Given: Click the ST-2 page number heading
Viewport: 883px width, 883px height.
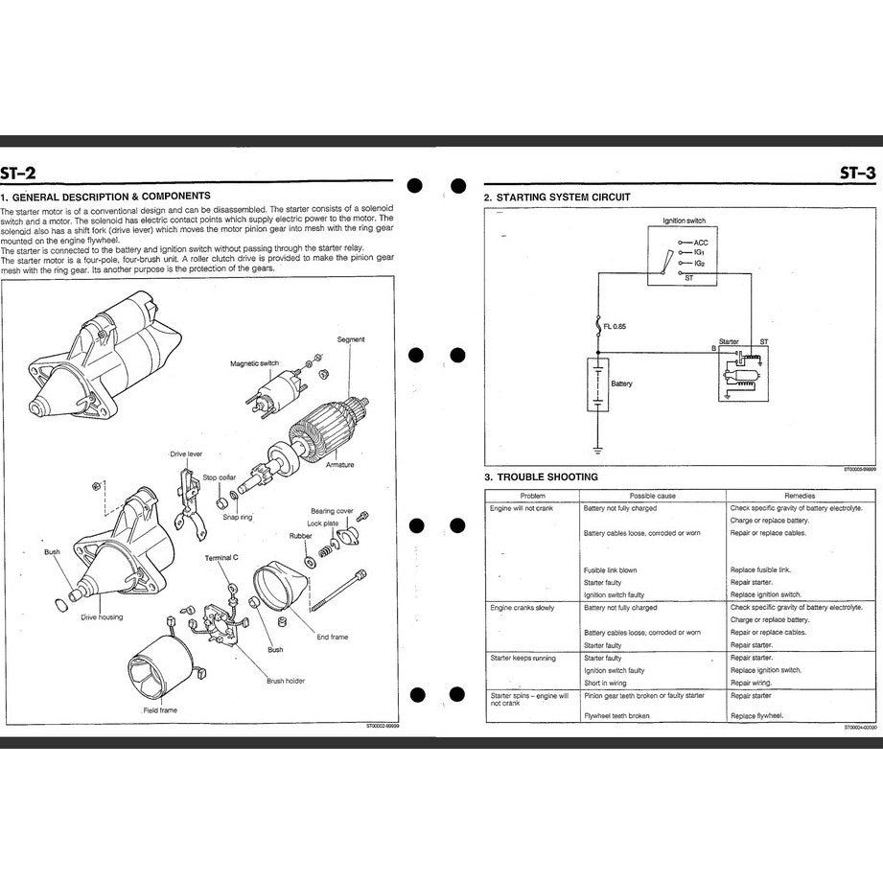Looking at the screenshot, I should [x=20, y=173].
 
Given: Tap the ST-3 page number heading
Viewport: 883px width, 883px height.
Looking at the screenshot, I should [x=857, y=173].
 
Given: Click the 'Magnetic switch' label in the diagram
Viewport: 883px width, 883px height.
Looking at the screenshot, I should [x=254, y=363].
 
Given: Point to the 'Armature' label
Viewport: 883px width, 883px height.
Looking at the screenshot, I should [x=339, y=465].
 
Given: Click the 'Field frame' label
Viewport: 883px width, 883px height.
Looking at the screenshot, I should [x=160, y=709].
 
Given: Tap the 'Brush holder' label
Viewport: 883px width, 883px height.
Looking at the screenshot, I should [x=286, y=681].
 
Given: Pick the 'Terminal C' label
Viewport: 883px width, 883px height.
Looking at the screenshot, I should [x=222, y=557].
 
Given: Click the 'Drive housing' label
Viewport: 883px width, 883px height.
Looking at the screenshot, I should [x=102, y=616].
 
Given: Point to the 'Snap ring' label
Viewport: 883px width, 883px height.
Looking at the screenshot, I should [x=238, y=517].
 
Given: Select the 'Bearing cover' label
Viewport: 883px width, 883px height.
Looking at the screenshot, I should [x=332, y=511].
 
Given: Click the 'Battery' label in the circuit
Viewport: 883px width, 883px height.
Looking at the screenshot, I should [x=621, y=383].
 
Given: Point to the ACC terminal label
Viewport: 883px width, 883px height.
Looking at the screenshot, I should [x=701, y=243].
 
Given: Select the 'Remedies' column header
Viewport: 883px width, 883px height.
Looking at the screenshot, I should [x=799, y=496].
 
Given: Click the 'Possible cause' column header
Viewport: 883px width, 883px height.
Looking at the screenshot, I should [x=653, y=496].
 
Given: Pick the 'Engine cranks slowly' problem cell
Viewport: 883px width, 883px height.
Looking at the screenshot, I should [x=522, y=608].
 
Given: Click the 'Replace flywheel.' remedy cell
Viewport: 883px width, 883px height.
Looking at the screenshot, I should [x=756, y=715].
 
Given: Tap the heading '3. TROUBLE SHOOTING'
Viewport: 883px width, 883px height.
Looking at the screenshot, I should [x=541, y=476].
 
